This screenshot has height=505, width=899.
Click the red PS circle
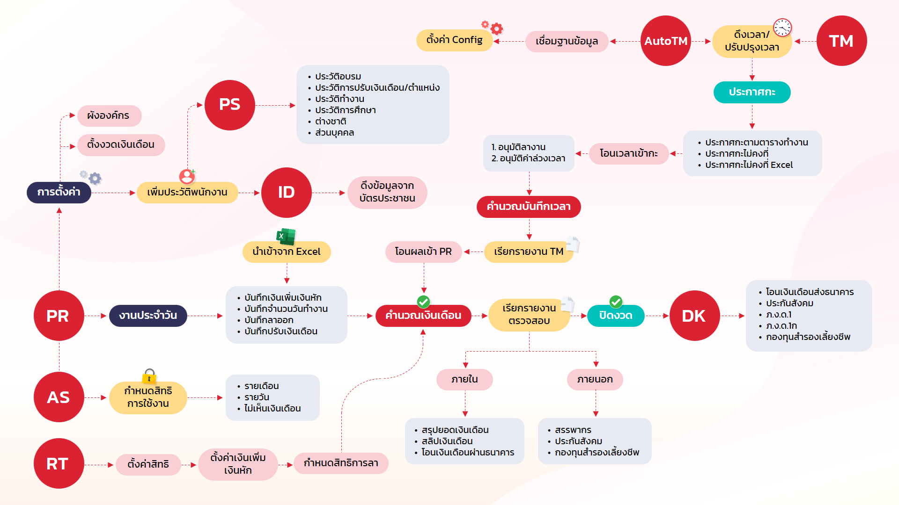pos(229,105)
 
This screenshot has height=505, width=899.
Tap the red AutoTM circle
pos(665,41)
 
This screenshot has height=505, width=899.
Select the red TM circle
pos(841,41)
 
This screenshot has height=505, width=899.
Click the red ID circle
pos(286,192)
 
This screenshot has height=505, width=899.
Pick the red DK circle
pos(694,316)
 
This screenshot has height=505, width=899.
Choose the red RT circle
pos(59,463)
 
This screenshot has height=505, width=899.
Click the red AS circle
pos(59,397)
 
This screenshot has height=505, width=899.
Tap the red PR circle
pos(59,316)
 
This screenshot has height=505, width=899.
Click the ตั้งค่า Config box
pos(454,40)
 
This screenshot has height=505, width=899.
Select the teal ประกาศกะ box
pos(752,92)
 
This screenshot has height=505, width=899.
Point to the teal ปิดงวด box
pos(616,316)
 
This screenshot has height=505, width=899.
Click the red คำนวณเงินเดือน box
pos(423,316)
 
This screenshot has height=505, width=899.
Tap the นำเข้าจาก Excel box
pos(287,252)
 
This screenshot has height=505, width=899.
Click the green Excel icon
pos(286,236)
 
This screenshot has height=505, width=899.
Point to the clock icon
pos(782,28)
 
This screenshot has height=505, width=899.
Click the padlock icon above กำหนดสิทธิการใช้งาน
pos(149,376)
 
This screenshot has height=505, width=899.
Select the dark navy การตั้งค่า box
pos(59,192)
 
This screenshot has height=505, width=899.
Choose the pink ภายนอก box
pos(595,379)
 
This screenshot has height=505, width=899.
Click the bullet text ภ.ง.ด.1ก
pos(781,326)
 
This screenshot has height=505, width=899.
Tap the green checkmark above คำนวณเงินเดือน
pos(423,302)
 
